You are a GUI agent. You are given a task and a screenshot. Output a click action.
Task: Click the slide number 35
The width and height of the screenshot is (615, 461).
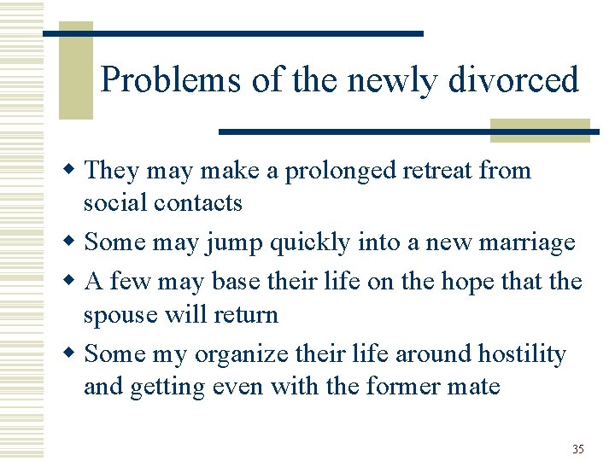point(578,449)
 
